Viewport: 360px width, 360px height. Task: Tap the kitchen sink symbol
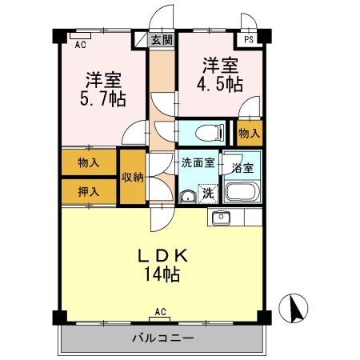pos(221,217)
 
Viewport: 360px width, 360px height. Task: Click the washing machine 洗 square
pos(207,192)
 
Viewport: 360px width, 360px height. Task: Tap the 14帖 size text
pos(162,275)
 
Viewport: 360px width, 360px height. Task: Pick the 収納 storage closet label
pos(133,178)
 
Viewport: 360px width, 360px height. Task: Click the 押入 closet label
pos(89,191)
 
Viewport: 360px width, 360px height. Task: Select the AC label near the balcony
pos(160,311)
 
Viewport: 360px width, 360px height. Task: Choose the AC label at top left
pos(80,46)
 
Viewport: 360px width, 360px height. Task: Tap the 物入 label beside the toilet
pos(249,133)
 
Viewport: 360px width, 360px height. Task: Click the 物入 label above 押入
pos(89,163)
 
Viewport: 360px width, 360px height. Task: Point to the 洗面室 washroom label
pos(198,163)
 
